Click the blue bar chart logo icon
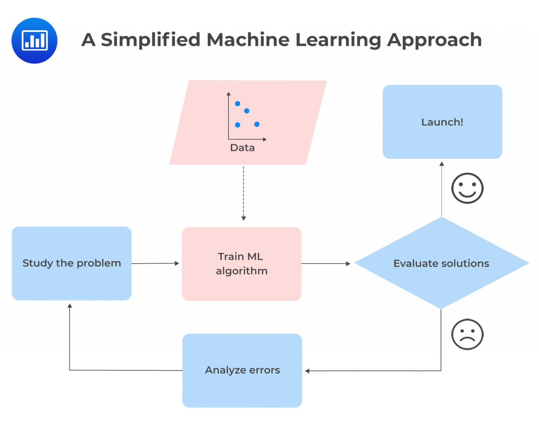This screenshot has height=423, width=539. tap(34, 40)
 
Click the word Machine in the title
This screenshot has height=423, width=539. tap(248, 40)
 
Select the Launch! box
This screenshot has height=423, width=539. tap(442, 122)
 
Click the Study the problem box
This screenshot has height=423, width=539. tap(72, 263)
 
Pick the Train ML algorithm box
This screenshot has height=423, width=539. tap(241, 264)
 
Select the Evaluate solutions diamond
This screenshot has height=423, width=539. tap(441, 263)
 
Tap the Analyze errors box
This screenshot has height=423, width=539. tap(242, 370)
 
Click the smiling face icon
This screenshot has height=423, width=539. tap(467, 188)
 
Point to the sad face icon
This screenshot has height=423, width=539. tap(467, 334)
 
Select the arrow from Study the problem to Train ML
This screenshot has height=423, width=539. tap(155, 263)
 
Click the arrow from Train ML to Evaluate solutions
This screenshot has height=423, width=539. tap(326, 263)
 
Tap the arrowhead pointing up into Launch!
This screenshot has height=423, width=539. tap(442, 164)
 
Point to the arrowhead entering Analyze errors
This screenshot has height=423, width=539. tap(307, 371)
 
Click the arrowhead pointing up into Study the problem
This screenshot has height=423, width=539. tap(70, 306)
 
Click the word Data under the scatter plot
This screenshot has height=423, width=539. tap(242, 148)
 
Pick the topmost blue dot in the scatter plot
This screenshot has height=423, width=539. tap(238, 104)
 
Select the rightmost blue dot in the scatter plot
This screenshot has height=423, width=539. tap(257, 124)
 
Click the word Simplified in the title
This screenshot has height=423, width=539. tap(150, 40)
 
